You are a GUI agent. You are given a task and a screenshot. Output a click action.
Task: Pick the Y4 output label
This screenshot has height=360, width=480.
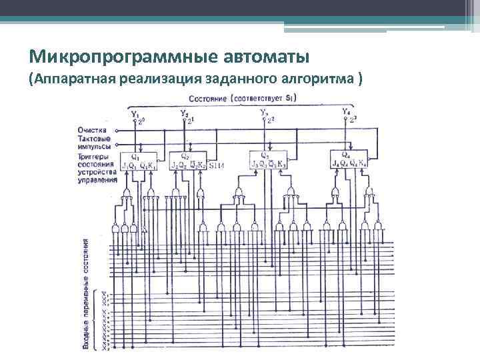click(345, 111)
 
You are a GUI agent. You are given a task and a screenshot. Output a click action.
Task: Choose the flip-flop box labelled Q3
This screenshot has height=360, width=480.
click(268, 161)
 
